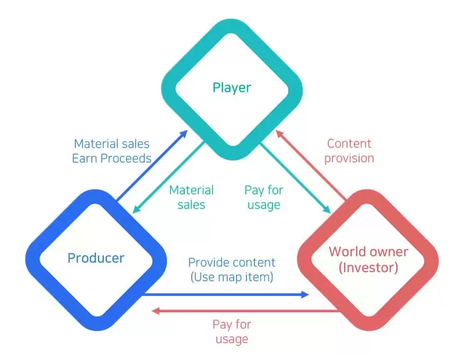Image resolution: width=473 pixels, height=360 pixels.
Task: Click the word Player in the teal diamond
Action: point(231,88)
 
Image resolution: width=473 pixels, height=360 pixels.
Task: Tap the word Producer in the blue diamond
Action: point(96,257)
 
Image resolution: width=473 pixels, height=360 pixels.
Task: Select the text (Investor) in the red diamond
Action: point(369,268)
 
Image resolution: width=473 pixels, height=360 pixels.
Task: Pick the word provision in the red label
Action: point(349,158)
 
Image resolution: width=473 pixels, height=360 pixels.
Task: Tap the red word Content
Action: point(349,144)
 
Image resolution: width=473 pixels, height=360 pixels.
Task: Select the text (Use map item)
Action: point(232,277)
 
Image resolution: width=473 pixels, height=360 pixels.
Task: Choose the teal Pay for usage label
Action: point(263,197)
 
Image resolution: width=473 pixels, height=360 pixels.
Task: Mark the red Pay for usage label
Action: point(231,332)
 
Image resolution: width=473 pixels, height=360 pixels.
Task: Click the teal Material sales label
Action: point(191,197)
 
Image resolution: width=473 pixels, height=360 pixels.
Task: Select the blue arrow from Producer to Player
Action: point(151,166)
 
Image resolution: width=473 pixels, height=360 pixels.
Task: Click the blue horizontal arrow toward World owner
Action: point(227,295)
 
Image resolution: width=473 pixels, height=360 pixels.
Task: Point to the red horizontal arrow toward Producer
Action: point(244,311)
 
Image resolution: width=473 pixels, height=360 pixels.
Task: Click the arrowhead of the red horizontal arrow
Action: point(155,311)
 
